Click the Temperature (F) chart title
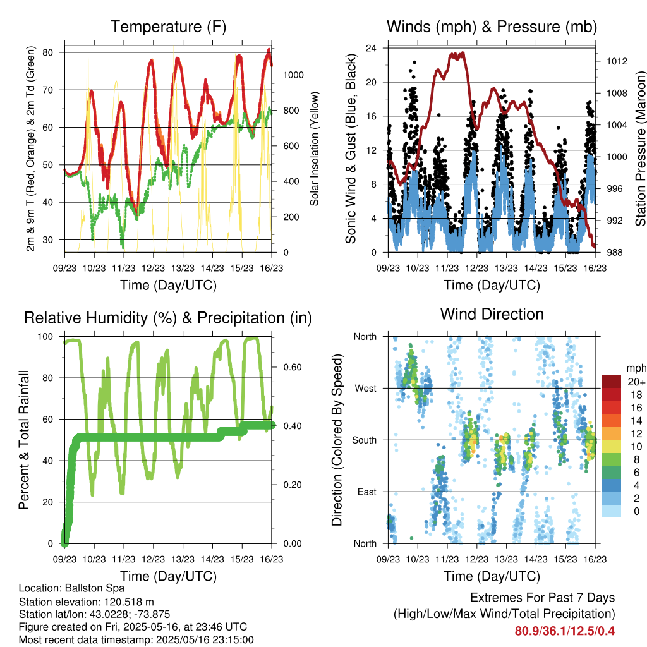(x=168, y=27)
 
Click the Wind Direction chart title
(x=492, y=314)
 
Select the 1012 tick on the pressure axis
(x=617, y=61)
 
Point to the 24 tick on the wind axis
(x=371, y=48)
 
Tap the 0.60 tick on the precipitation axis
(x=293, y=367)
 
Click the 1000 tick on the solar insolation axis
(x=293, y=75)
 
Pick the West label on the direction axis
(x=366, y=389)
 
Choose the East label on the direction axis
(x=367, y=492)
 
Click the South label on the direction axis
(x=365, y=440)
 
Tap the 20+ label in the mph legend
(x=636, y=382)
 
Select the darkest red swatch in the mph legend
(x=612, y=382)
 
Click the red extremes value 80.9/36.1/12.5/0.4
(x=564, y=631)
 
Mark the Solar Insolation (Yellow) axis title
(x=315, y=148)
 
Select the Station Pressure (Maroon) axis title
(x=641, y=149)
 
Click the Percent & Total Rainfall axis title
(x=24, y=440)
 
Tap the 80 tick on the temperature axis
(x=47, y=52)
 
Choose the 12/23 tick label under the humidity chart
(x=154, y=559)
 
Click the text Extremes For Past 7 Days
(x=543, y=598)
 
